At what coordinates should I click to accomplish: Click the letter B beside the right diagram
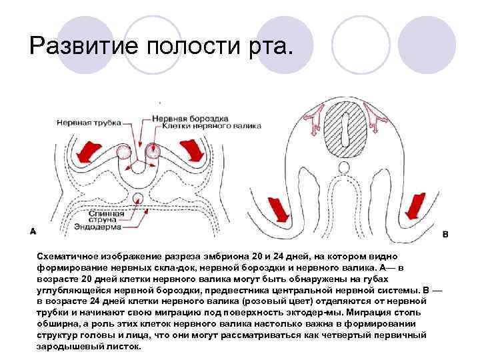(445, 235)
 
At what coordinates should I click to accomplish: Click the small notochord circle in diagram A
(138, 198)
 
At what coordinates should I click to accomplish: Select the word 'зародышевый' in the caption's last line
(67, 347)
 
